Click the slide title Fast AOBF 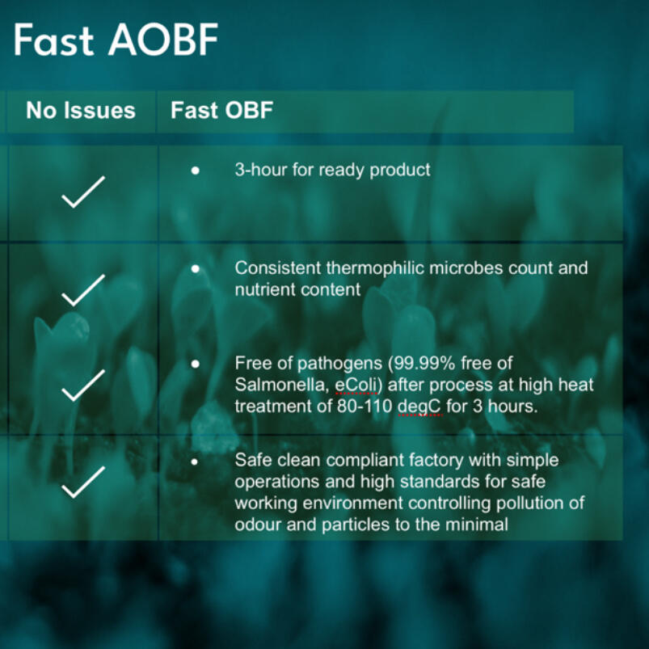pyautogui.click(x=116, y=40)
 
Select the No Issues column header pyautogui.click(x=81, y=111)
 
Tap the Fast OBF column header pyautogui.click(x=221, y=111)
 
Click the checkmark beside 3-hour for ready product pyautogui.click(x=83, y=192)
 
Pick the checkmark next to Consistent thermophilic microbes pyautogui.click(x=83, y=291)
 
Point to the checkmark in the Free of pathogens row pyautogui.click(x=83, y=386)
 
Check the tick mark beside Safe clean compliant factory pyautogui.click(x=83, y=483)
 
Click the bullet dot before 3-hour pyautogui.click(x=196, y=170)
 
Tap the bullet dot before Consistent pyautogui.click(x=196, y=268)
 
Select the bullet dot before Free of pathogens pyautogui.click(x=196, y=364)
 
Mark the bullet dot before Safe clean pyautogui.click(x=195, y=461)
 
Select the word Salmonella pyautogui.click(x=280, y=386)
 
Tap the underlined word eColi pyautogui.click(x=356, y=385)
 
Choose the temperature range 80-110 pyautogui.click(x=365, y=407)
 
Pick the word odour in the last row pyautogui.click(x=259, y=525)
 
